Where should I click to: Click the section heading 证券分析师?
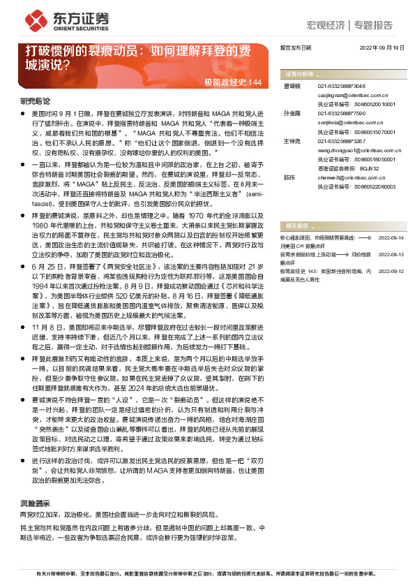(298, 73)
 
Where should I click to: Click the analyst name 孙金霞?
(291, 112)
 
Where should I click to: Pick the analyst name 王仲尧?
(291, 141)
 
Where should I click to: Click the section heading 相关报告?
(296, 226)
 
